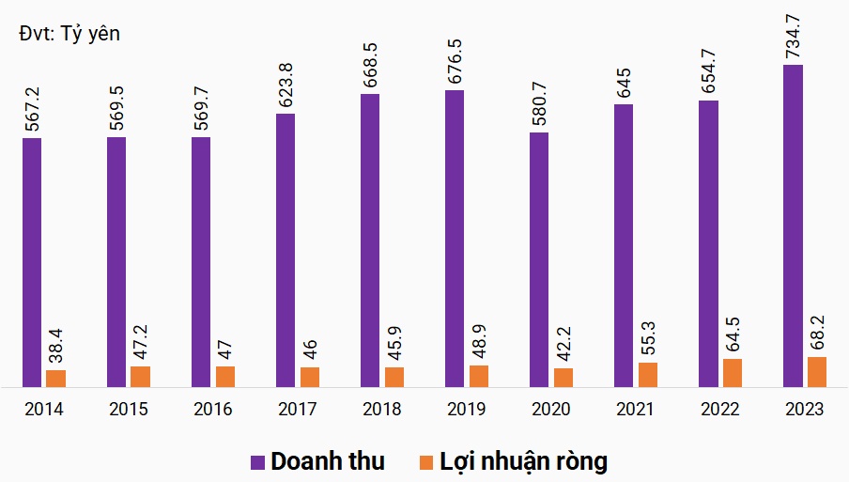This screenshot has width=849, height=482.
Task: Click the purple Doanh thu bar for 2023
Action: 794,225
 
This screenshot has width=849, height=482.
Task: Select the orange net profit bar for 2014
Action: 56,378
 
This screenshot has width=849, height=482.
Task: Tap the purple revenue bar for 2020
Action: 539,259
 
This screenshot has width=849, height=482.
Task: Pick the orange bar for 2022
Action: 733,372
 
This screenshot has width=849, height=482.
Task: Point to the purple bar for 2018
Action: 370,240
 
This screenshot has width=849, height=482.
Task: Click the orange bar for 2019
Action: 479,376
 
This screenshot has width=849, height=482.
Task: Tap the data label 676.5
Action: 455,58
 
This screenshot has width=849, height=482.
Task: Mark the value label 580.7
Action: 539,101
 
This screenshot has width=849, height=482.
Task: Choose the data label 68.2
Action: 817,333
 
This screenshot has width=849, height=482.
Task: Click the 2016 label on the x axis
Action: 213,410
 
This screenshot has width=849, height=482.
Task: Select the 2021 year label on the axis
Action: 636,410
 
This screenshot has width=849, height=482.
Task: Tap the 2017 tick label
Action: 298,410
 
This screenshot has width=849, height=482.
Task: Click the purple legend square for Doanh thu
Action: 258,461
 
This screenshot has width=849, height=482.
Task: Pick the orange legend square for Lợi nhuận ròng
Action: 426,461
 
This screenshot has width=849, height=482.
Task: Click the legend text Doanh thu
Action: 328,461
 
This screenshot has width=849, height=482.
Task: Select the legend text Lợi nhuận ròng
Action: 524,461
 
